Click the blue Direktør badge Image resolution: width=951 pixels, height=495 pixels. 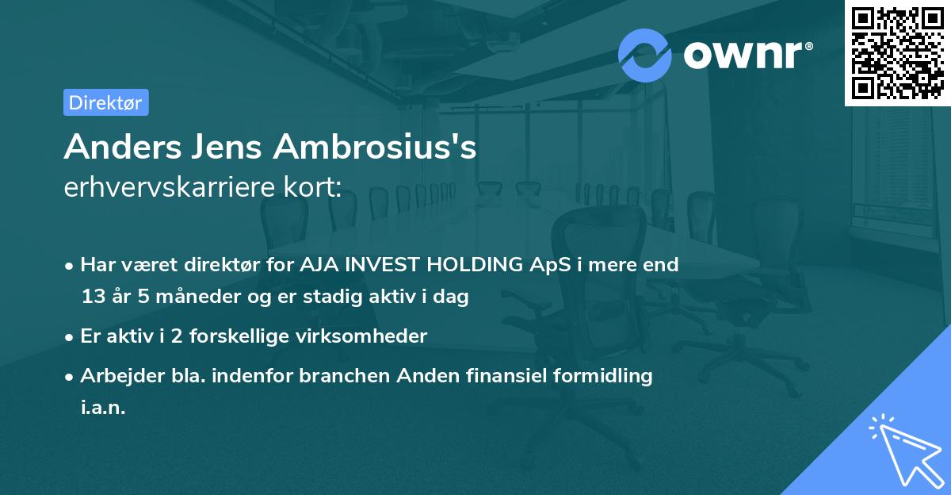click(105, 102)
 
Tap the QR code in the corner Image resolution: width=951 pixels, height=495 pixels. click(897, 53)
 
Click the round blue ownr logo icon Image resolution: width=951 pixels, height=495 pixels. click(645, 55)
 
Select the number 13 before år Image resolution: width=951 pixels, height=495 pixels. click(92, 297)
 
